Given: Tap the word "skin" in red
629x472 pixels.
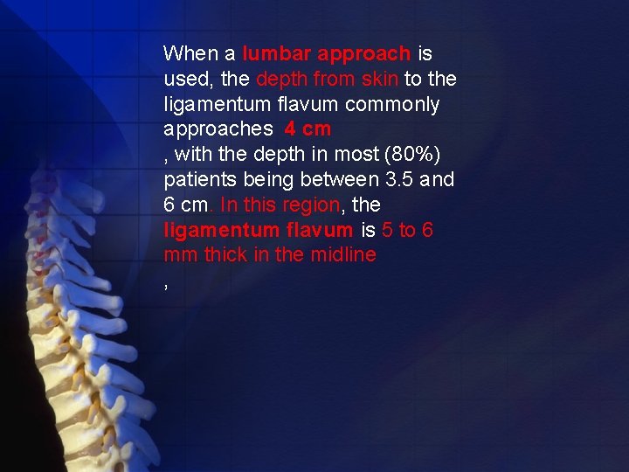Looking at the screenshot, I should [379, 80].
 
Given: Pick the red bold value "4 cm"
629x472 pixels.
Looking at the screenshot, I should [308, 129].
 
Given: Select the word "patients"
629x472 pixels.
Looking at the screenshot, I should [197, 181].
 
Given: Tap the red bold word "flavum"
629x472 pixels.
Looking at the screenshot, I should [320, 231].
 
